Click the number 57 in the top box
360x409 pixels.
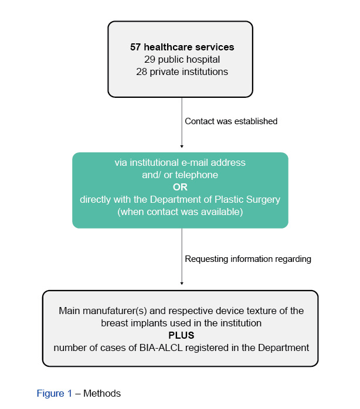pos(135,47)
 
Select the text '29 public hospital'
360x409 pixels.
pos(180,59)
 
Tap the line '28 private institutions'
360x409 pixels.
pos(180,71)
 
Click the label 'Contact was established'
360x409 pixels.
pos(231,121)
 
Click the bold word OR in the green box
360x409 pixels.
pos(180,187)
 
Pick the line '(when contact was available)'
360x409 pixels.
pos(180,212)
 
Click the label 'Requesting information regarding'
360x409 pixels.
pos(248,258)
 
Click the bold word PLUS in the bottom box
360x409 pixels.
pos(181,335)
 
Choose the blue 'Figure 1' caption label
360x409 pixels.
pos(58,393)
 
